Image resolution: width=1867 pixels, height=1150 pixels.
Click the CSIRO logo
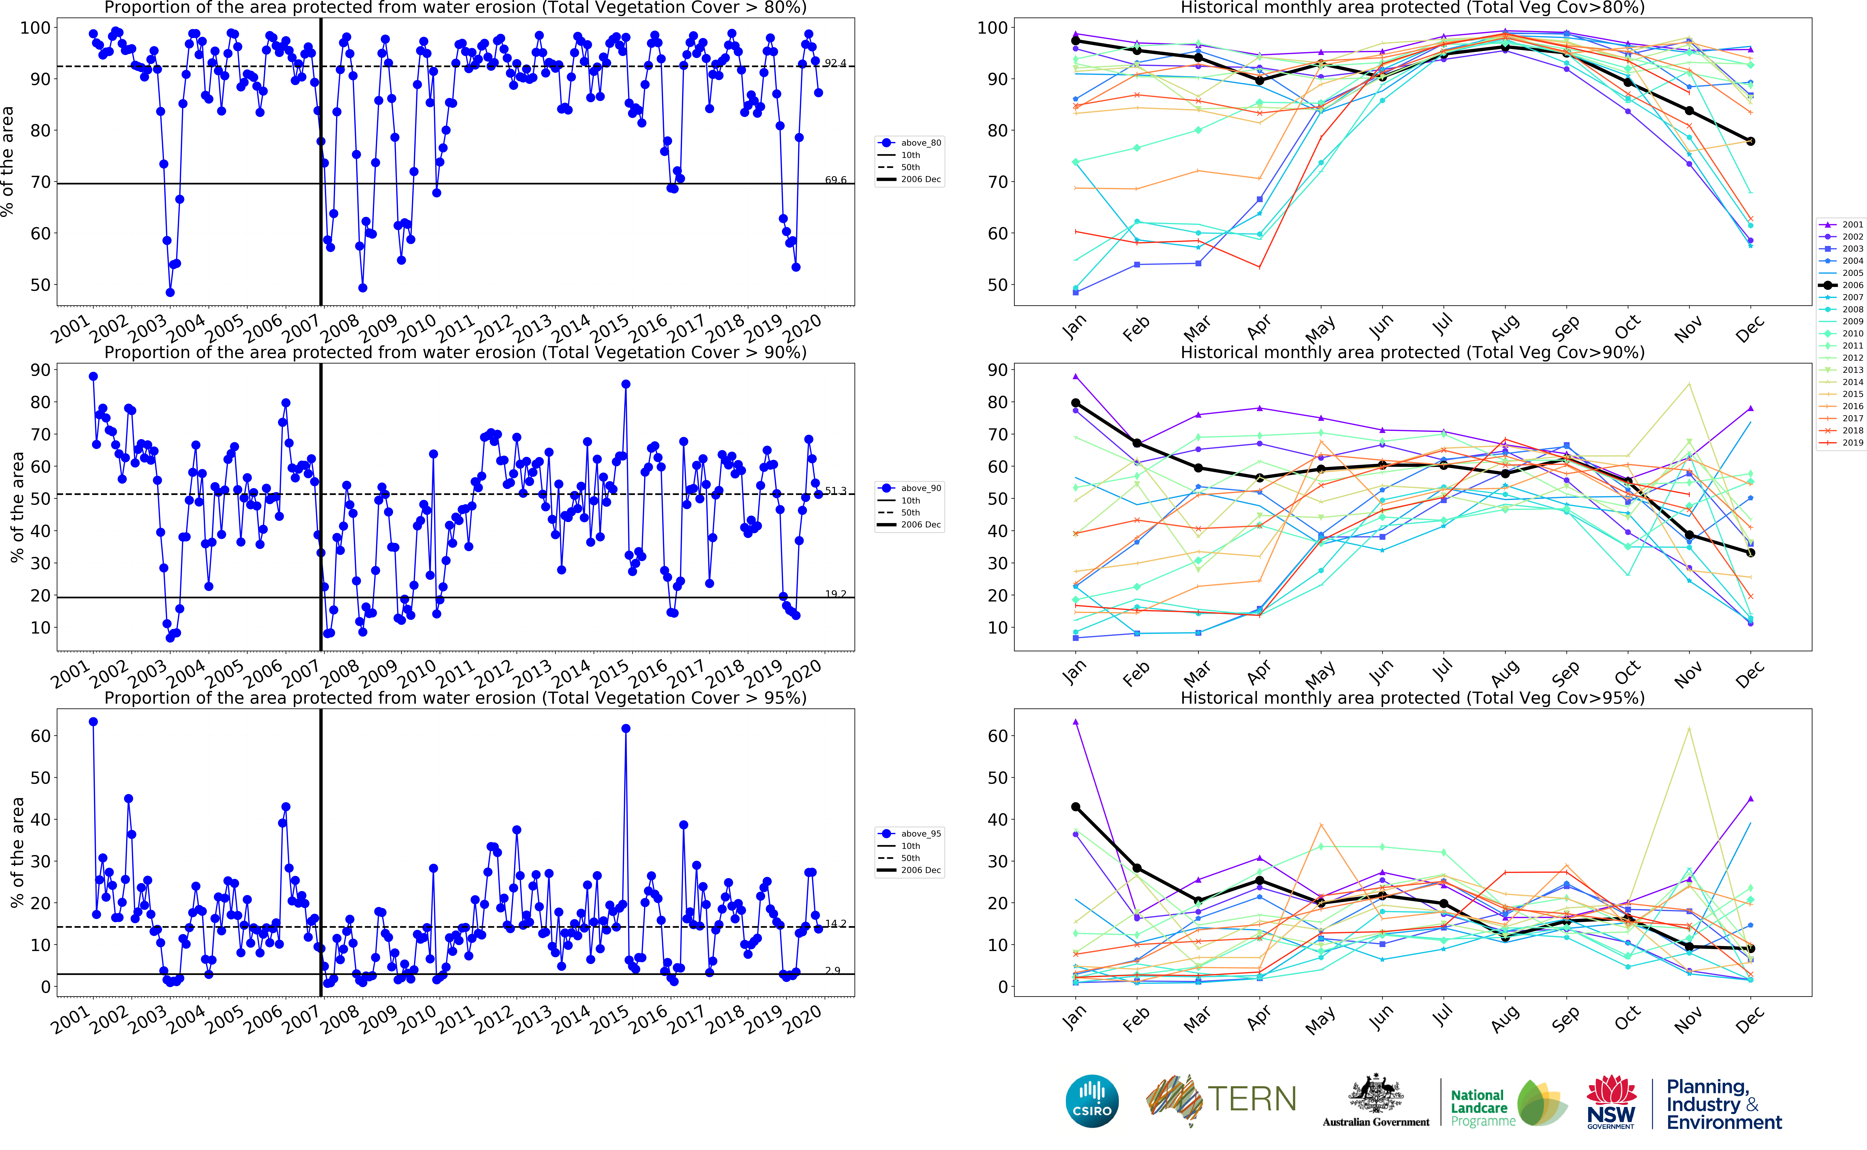1092,1101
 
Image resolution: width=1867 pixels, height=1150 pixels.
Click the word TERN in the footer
1252,1099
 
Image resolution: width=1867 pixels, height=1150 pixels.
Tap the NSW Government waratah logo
1611,1101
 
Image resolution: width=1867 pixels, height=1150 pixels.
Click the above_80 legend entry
920,143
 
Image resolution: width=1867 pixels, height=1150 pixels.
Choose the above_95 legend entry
920,834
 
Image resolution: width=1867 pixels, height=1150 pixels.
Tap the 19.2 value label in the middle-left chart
835,594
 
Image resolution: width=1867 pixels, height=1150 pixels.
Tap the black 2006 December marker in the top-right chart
1751,141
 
